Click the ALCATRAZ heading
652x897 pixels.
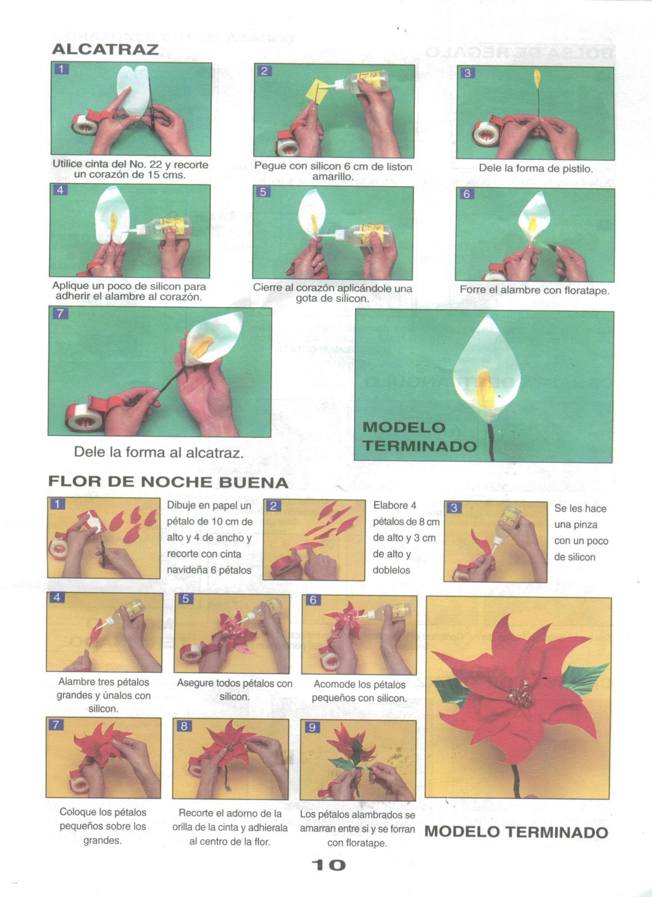pyautogui.click(x=105, y=49)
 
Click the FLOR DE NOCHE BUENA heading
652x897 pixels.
pyautogui.click(x=168, y=482)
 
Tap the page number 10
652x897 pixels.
pyautogui.click(x=328, y=865)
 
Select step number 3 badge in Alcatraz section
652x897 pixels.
pyautogui.click(x=467, y=73)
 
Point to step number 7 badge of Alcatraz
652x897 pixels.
pyautogui.click(x=60, y=313)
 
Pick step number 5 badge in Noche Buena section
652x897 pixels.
pyautogui.click(x=186, y=598)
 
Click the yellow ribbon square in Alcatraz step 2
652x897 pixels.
pyautogui.click(x=316, y=91)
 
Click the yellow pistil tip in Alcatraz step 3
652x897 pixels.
pyautogui.click(x=537, y=78)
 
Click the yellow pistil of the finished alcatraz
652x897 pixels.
pyautogui.click(x=485, y=389)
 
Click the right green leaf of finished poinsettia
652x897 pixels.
pyautogui.click(x=584, y=676)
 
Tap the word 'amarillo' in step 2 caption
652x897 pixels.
pyautogui.click(x=333, y=177)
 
